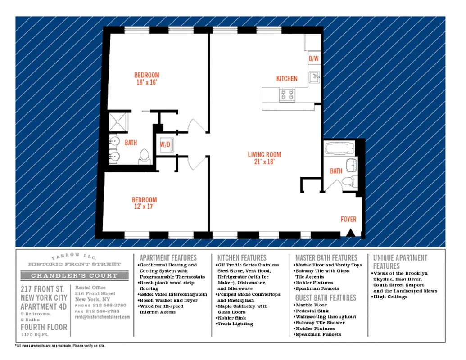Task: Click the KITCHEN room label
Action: coord(287,78)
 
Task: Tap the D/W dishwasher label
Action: coord(313,59)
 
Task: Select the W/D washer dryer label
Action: coord(165,145)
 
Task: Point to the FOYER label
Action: coord(348,219)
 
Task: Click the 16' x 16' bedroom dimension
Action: coord(146,82)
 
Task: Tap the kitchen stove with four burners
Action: coord(287,94)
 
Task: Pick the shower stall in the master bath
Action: coord(119,122)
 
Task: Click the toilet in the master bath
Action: coord(145,156)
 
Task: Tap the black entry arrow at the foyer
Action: coord(351,233)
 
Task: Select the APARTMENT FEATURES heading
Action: coord(168,258)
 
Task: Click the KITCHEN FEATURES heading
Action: coord(242,258)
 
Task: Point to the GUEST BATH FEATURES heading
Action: coord(326,297)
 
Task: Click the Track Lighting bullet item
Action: coord(236,324)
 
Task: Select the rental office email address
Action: coord(102,317)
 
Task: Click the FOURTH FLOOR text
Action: coord(44,327)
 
